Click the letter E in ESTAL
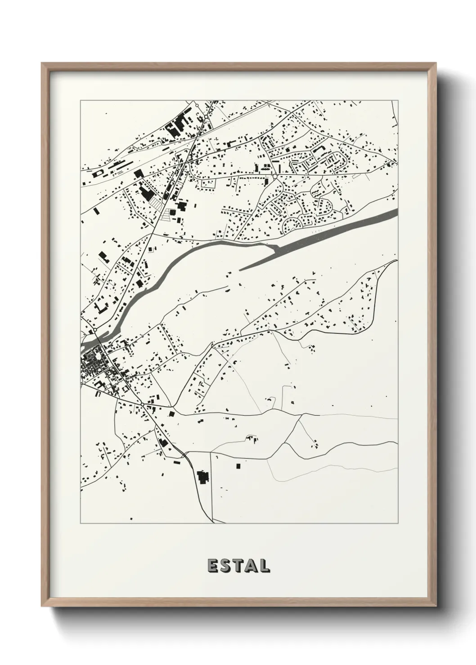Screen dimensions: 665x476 [212, 565]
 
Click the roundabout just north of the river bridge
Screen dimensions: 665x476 [95, 330]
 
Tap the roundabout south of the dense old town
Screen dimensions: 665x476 [142, 405]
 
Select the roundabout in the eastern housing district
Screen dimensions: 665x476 [274, 177]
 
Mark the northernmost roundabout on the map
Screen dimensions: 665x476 [197, 106]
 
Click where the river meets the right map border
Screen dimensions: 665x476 [396, 211]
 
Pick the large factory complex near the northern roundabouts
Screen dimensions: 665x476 [176, 123]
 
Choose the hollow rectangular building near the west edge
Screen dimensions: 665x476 [101, 307]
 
